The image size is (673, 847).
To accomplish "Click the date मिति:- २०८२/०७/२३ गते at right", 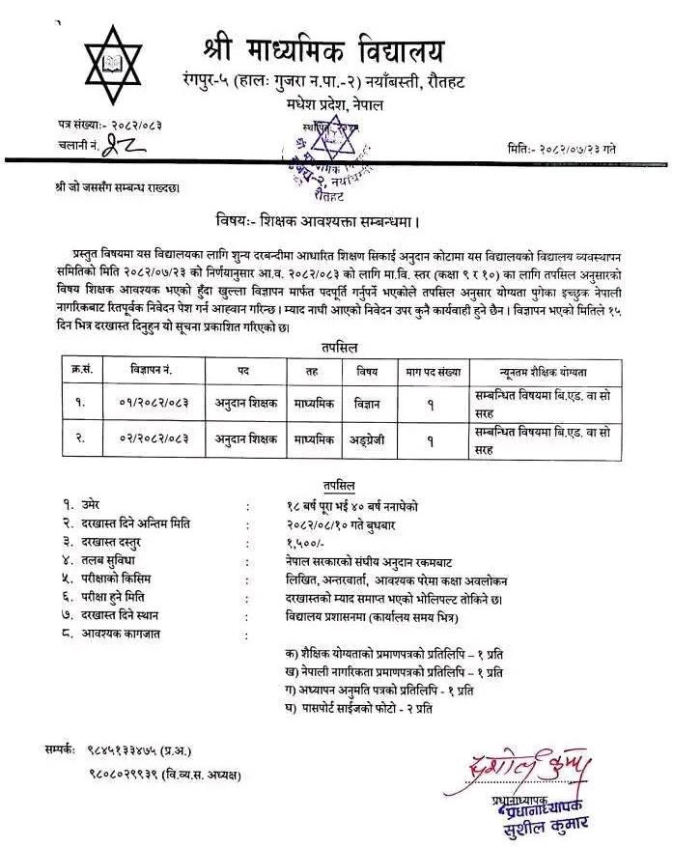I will pyautogui.click(x=573, y=149).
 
